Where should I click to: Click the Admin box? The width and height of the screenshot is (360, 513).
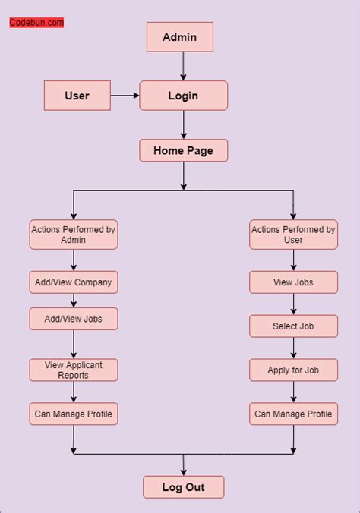pyautogui.click(x=179, y=36)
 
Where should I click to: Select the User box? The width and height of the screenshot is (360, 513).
pyautogui.click(x=77, y=96)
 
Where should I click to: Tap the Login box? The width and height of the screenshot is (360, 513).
pyautogui.click(x=183, y=96)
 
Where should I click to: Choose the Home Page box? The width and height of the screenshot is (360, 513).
pyautogui.click(x=183, y=150)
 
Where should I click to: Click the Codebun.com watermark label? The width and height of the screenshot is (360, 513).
pyautogui.click(x=36, y=23)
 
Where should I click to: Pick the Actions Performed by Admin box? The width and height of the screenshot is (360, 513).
pyautogui.click(x=74, y=234)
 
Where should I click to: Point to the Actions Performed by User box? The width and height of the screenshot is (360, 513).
pyautogui.click(x=293, y=234)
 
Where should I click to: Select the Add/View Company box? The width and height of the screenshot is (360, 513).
pyautogui.click(x=74, y=282)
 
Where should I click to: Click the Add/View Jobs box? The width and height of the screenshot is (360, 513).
pyautogui.click(x=74, y=319)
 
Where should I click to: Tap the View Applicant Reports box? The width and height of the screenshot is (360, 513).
pyautogui.click(x=74, y=370)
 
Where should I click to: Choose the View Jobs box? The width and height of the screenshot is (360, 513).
pyautogui.click(x=293, y=282)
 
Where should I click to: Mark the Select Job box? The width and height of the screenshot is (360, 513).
pyautogui.click(x=293, y=326)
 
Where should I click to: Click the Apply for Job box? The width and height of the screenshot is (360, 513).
pyautogui.click(x=293, y=370)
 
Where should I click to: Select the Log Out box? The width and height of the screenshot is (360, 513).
pyautogui.click(x=184, y=486)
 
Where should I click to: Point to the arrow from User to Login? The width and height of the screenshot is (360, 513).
pyautogui.click(x=125, y=96)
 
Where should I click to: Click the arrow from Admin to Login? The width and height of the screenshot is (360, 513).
pyautogui.click(x=183, y=66)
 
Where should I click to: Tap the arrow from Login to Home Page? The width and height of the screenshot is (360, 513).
pyautogui.click(x=183, y=124)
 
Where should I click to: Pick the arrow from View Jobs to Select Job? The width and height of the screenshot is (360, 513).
pyautogui.click(x=293, y=304)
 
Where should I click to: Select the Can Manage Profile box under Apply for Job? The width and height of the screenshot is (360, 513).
pyautogui.click(x=293, y=414)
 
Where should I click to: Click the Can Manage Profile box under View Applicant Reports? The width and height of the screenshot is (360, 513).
pyautogui.click(x=74, y=414)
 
